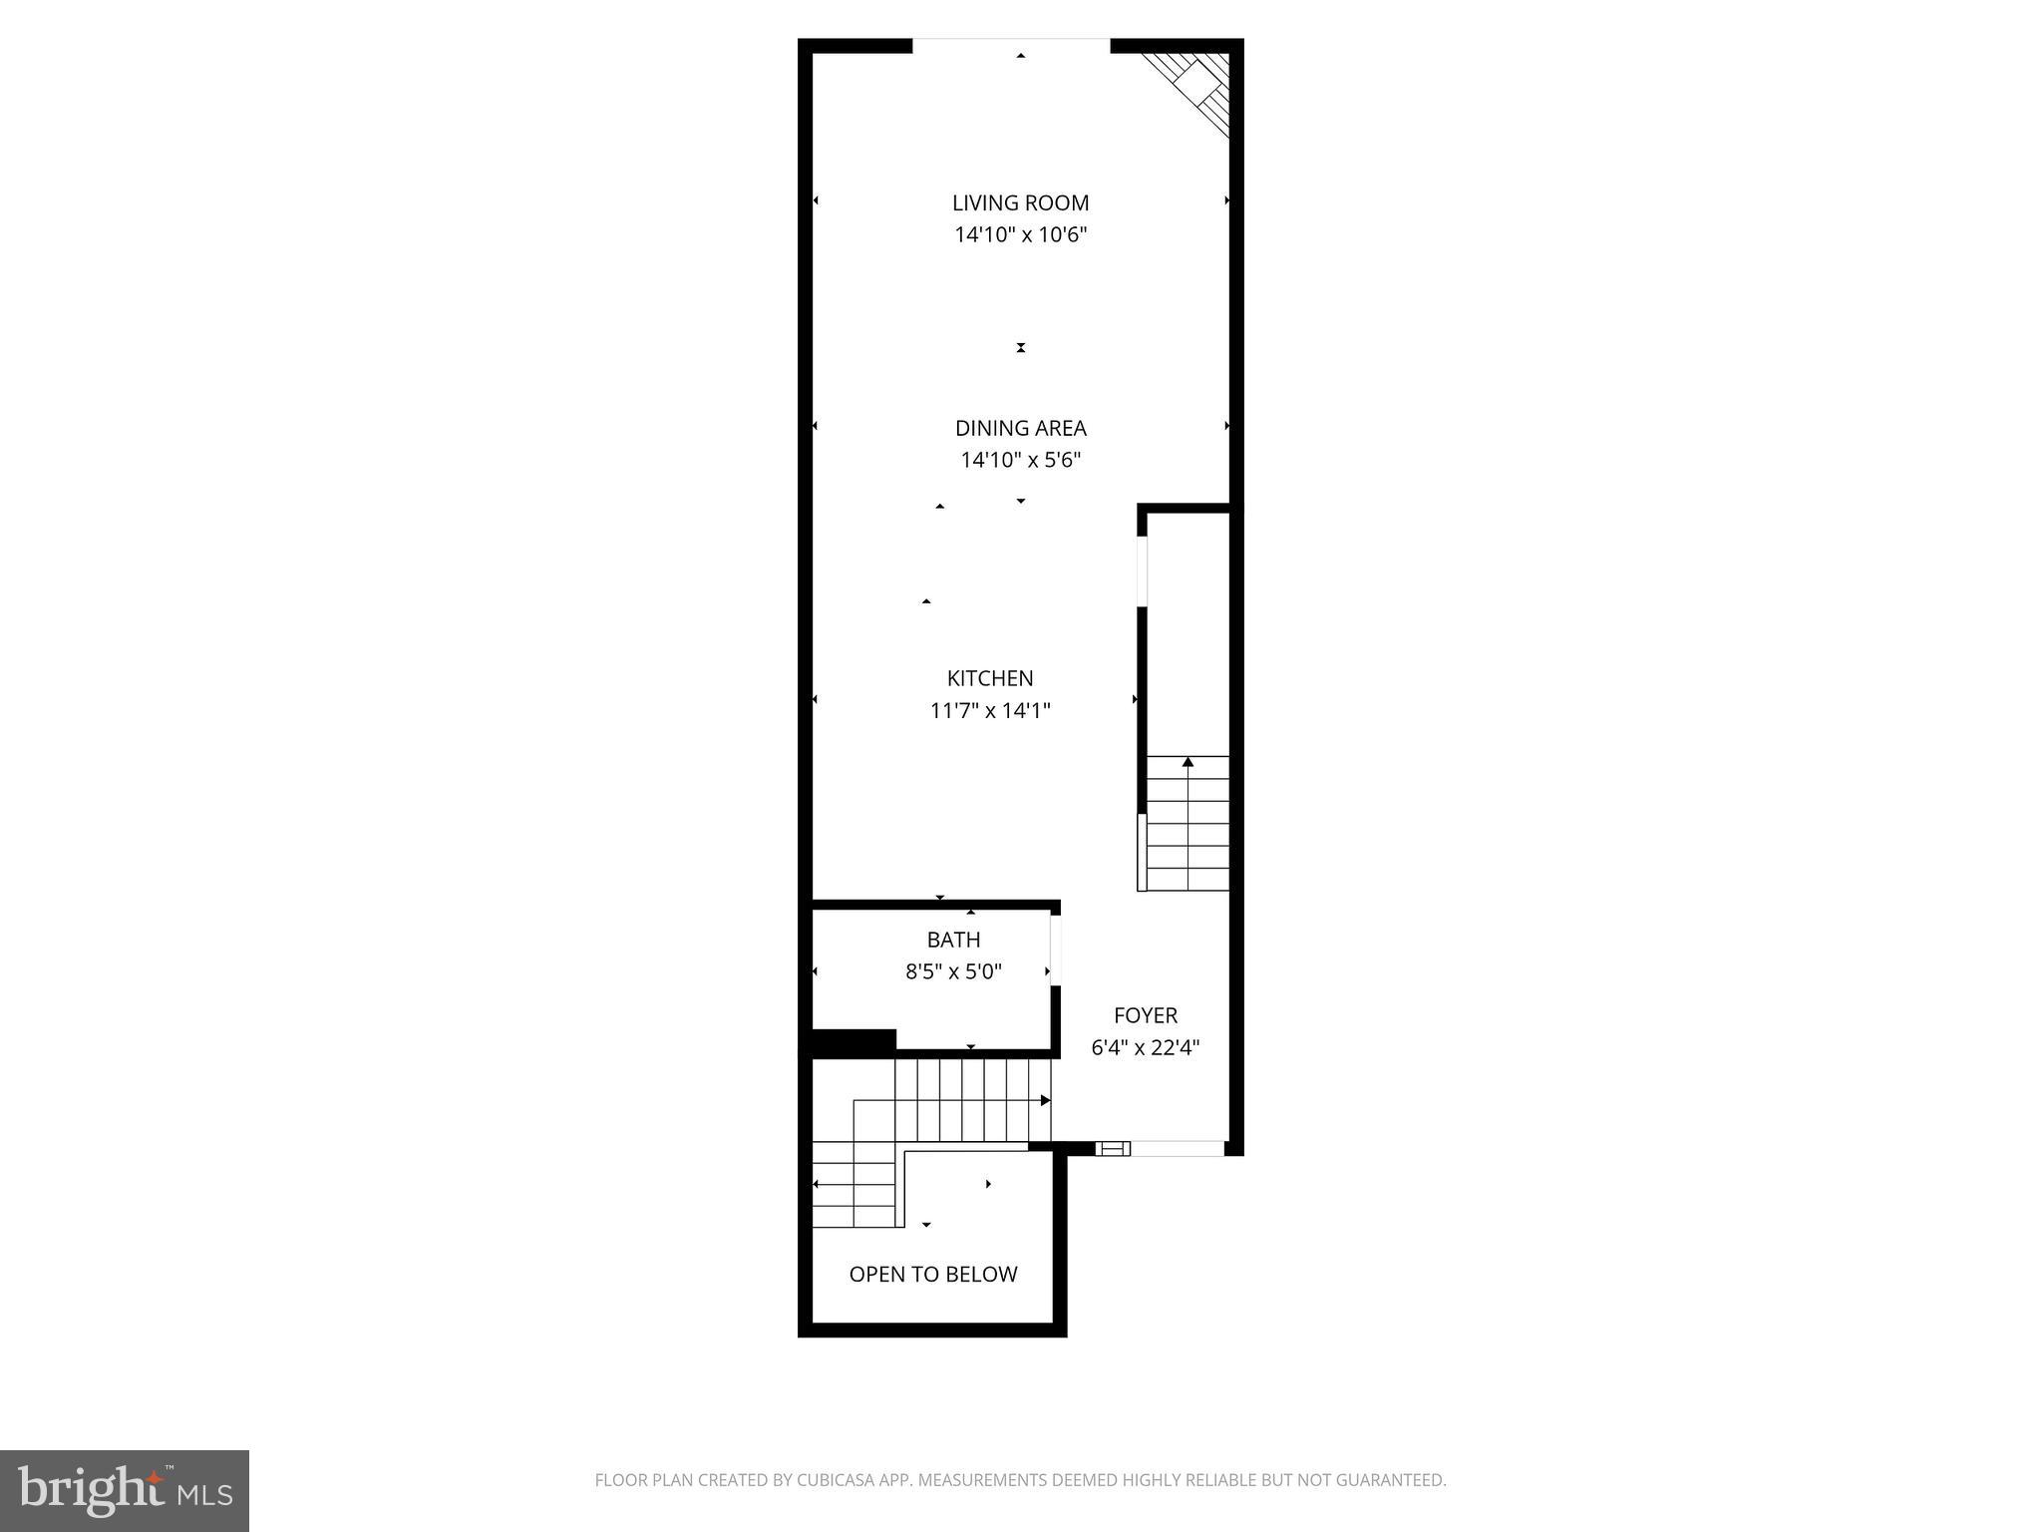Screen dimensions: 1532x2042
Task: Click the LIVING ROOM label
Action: tap(1020, 202)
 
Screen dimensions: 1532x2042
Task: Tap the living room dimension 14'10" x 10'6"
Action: tap(1020, 235)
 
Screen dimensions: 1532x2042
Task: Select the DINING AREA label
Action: tap(1020, 428)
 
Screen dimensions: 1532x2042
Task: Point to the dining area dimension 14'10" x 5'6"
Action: tap(1020, 460)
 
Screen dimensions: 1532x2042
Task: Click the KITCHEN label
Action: tap(989, 678)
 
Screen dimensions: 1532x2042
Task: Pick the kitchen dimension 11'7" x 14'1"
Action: tap(989, 711)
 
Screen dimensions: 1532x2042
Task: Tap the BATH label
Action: tap(953, 940)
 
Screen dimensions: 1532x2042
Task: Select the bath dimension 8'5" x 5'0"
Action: tap(953, 971)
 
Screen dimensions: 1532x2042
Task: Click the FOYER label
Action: tap(1145, 1015)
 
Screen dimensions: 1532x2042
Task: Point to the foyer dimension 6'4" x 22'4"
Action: tap(1145, 1047)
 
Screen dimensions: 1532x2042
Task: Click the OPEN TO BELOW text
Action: tap(932, 1274)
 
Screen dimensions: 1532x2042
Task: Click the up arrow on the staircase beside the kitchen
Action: tap(1188, 763)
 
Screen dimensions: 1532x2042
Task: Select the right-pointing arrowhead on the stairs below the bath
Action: tap(1045, 1100)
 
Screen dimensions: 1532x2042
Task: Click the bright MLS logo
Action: tap(125, 1491)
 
